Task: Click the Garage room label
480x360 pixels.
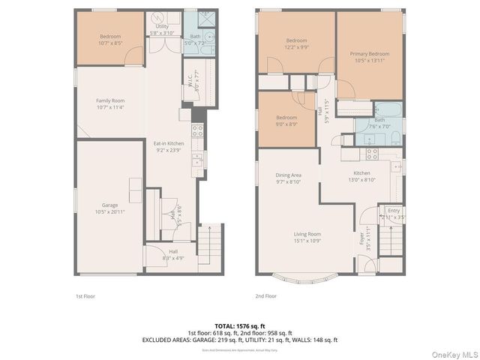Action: point(110,205)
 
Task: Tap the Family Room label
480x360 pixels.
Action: point(110,100)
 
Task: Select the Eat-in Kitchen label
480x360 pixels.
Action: point(169,143)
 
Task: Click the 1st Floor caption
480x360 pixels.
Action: point(85,296)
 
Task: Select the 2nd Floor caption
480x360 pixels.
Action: point(265,296)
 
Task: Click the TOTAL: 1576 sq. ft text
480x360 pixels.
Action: point(239,326)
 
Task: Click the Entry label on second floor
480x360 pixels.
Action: point(394,211)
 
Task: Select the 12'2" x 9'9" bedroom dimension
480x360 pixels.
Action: point(295,46)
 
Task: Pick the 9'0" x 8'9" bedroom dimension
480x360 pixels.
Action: point(286,123)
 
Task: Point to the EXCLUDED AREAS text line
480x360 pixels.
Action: point(239,340)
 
